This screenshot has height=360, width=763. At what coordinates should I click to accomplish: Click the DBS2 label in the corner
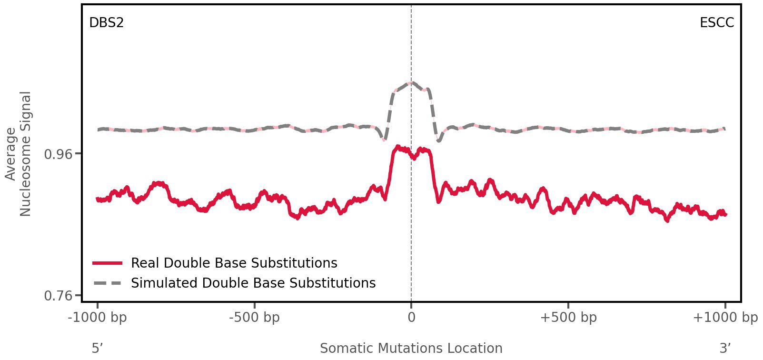tap(106, 23)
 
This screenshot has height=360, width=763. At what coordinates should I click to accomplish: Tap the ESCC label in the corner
tap(716, 23)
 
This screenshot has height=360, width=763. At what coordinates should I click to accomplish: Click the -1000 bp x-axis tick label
tap(98, 318)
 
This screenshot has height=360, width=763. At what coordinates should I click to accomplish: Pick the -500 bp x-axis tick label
tap(254, 318)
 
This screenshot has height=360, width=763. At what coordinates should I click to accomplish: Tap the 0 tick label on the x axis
tap(411, 318)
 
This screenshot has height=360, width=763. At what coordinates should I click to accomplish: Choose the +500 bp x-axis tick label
tap(568, 318)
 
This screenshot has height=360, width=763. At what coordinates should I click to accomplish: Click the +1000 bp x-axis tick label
tap(725, 318)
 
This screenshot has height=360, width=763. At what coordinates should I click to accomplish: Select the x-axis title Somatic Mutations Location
tap(411, 348)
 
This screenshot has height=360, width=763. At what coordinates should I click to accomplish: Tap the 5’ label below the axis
tap(97, 348)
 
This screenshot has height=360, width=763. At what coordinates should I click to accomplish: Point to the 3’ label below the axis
tap(725, 348)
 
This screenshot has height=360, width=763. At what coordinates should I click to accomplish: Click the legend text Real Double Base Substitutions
tap(234, 263)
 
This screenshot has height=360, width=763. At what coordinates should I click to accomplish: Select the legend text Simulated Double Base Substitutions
tap(253, 283)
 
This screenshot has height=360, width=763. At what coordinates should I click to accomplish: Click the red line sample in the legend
tap(108, 263)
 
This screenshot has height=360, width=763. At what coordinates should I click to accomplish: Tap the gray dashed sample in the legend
tap(108, 283)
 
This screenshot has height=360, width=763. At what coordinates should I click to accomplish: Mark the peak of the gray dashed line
tap(412, 83)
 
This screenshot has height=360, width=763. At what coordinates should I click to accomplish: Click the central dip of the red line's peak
tap(413, 158)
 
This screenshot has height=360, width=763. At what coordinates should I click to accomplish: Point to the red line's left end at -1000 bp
tap(98, 199)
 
